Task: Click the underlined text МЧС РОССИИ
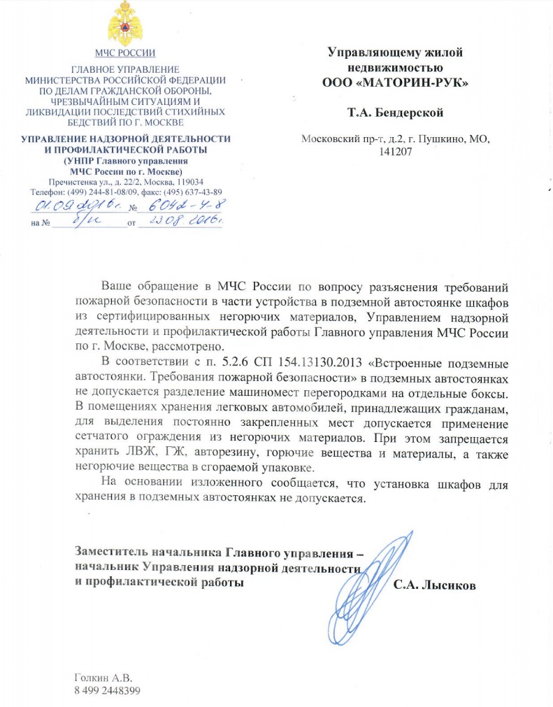pos(125,53)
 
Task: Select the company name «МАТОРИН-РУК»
pos(395,82)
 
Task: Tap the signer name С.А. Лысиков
pos(434,585)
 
